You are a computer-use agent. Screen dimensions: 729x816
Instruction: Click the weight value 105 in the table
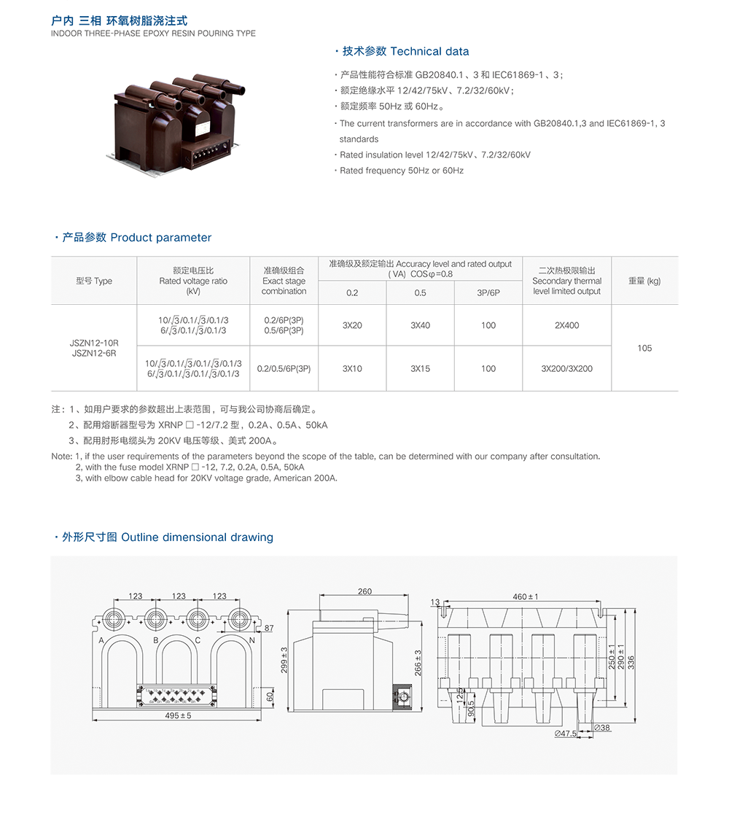click(644, 348)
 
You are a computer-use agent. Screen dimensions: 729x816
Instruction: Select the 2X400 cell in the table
click(566, 325)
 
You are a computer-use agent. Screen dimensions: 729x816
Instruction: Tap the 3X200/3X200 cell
click(566, 368)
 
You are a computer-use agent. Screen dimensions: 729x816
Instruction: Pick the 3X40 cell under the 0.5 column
click(420, 325)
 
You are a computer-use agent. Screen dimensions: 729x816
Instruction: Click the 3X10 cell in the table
click(352, 368)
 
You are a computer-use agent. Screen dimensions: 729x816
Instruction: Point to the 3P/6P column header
click(488, 293)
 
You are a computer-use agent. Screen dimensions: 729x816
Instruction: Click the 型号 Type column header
click(94, 281)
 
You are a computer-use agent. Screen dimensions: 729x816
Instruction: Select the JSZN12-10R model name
click(94, 343)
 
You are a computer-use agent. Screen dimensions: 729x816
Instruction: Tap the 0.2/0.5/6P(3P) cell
click(284, 368)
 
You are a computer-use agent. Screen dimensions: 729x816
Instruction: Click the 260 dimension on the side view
click(364, 591)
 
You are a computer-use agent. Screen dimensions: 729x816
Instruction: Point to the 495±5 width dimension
click(178, 715)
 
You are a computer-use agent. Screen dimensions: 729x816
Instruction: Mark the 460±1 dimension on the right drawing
click(526, 597)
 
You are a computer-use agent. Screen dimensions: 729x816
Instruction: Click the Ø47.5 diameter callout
click(566, 734)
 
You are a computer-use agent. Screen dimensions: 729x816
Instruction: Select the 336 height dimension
click(631, 662)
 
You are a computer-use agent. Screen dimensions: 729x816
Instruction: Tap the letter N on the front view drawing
click(252, 640)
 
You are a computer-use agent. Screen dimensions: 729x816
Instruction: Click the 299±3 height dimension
click(284, 661)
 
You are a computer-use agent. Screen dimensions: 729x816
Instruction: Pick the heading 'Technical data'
click(429, 51)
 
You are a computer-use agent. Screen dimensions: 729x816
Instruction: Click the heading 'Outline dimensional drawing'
click(198, 537)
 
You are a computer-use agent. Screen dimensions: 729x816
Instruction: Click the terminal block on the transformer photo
click(206, 154)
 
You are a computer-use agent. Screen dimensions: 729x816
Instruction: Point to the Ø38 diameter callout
click(602, 728)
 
